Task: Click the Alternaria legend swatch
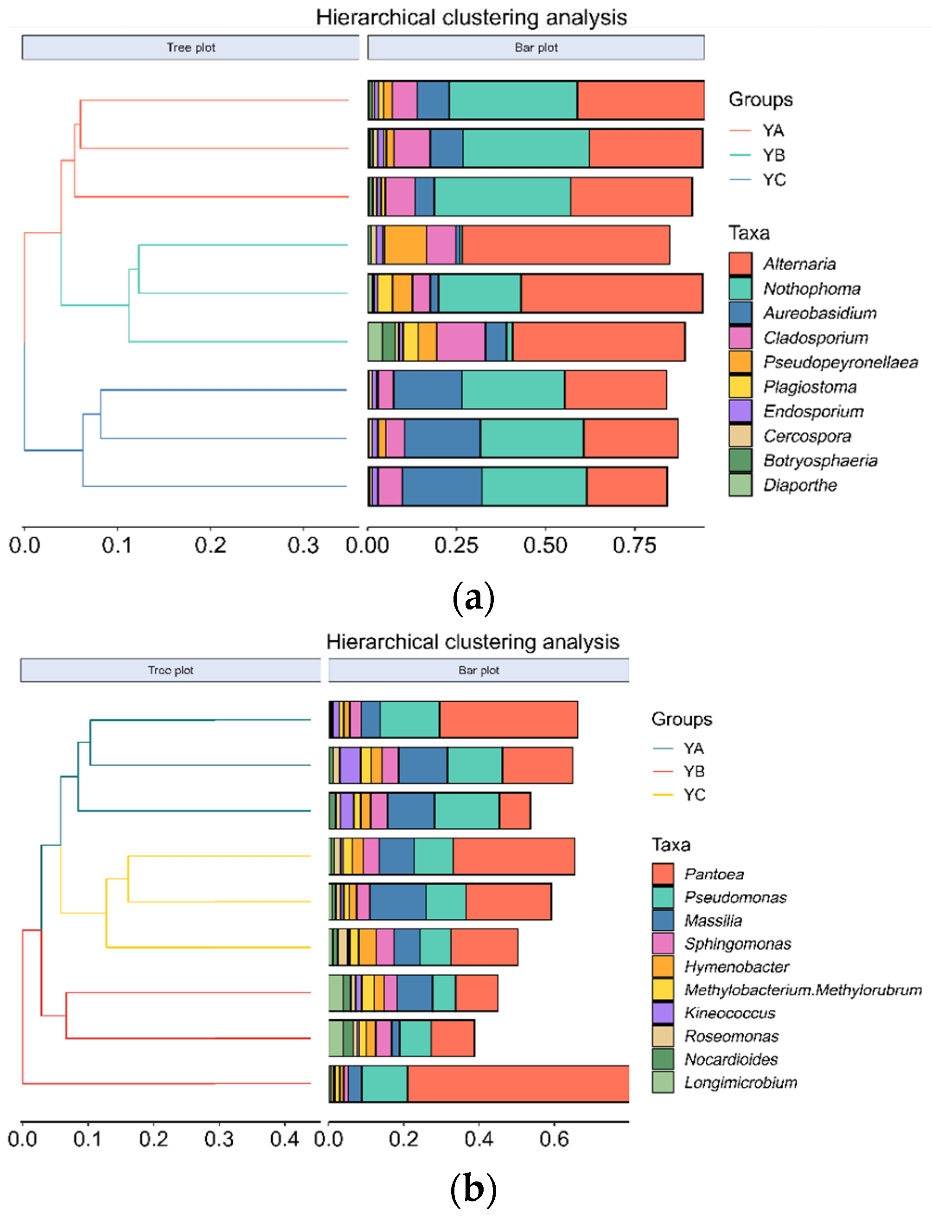740,263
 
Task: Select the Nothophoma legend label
811,288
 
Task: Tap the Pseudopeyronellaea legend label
840,362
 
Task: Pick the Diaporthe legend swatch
740,485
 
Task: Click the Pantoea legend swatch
663,874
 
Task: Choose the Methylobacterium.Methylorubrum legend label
802,990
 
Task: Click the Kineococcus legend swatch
663,1013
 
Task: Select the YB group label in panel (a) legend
773,155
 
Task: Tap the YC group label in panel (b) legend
694,795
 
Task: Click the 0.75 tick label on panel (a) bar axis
634,546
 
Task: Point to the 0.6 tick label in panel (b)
554,1139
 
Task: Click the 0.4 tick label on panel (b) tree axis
284,1139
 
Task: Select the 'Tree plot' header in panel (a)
191,48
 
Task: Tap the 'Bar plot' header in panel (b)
479,670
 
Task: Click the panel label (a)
472,598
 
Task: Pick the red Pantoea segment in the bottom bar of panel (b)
517,1083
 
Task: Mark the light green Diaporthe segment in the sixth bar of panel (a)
375,342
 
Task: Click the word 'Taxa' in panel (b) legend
670,844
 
